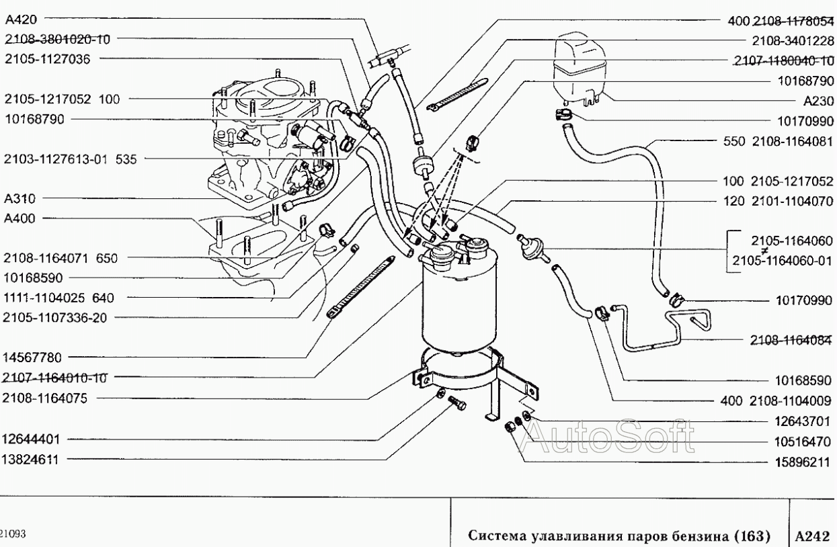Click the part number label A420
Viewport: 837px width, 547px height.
22,19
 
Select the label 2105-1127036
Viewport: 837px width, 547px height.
48,59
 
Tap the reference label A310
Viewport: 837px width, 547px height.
19,198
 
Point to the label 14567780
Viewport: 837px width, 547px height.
32,357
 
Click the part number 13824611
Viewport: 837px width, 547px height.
31,459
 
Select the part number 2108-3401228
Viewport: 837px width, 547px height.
793,40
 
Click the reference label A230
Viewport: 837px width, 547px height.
818,101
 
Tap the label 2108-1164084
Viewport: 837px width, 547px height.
791,340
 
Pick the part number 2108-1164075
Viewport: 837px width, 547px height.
45,398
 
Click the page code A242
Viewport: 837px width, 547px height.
812,536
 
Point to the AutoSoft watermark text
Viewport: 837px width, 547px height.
606,436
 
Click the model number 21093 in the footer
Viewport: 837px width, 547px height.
12,534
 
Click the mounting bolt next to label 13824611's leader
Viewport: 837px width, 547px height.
457,403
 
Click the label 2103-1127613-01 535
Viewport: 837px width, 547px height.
70,159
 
